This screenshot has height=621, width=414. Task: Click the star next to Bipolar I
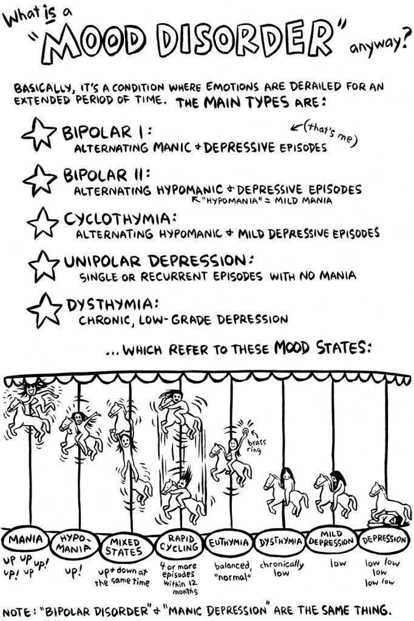pos(38,134)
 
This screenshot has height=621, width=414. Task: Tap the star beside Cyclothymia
pos(42,223)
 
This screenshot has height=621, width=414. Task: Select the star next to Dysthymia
pos(44,309)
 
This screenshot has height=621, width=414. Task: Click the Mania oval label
pos(25,540)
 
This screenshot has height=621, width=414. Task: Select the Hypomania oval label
pos(74,544)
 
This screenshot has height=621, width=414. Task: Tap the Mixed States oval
pos(125,548)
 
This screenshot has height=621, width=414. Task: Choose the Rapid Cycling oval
pos(180,543)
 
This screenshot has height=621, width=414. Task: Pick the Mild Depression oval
pos(331,539)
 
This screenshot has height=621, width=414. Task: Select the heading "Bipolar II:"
pos(106,175)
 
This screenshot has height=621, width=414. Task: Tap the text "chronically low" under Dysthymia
pos(281,568)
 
